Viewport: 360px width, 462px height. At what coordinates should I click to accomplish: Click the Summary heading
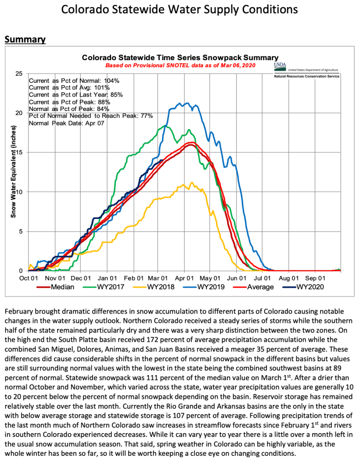pyautogui.click(x=25, y=40)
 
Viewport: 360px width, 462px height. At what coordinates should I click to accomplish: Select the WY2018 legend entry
pyautogui.click(x=161, y=287)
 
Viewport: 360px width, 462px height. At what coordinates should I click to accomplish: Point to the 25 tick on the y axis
pyautogui.click(x=19, y=74)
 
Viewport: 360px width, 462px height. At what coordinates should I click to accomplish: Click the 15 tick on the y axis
pyautogui.click(x=19, y=153)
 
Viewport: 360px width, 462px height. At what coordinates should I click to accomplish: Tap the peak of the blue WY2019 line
pyautogui.click(x=180, y=103)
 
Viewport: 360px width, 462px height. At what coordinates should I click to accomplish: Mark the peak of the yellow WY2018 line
pyautogui.click(x=192, y=182)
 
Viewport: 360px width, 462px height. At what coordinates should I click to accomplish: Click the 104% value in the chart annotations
pyautogui.click(x=111, y=81)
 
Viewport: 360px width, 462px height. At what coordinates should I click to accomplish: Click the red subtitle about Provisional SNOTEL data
pyautogui.click(x=180, y=66)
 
